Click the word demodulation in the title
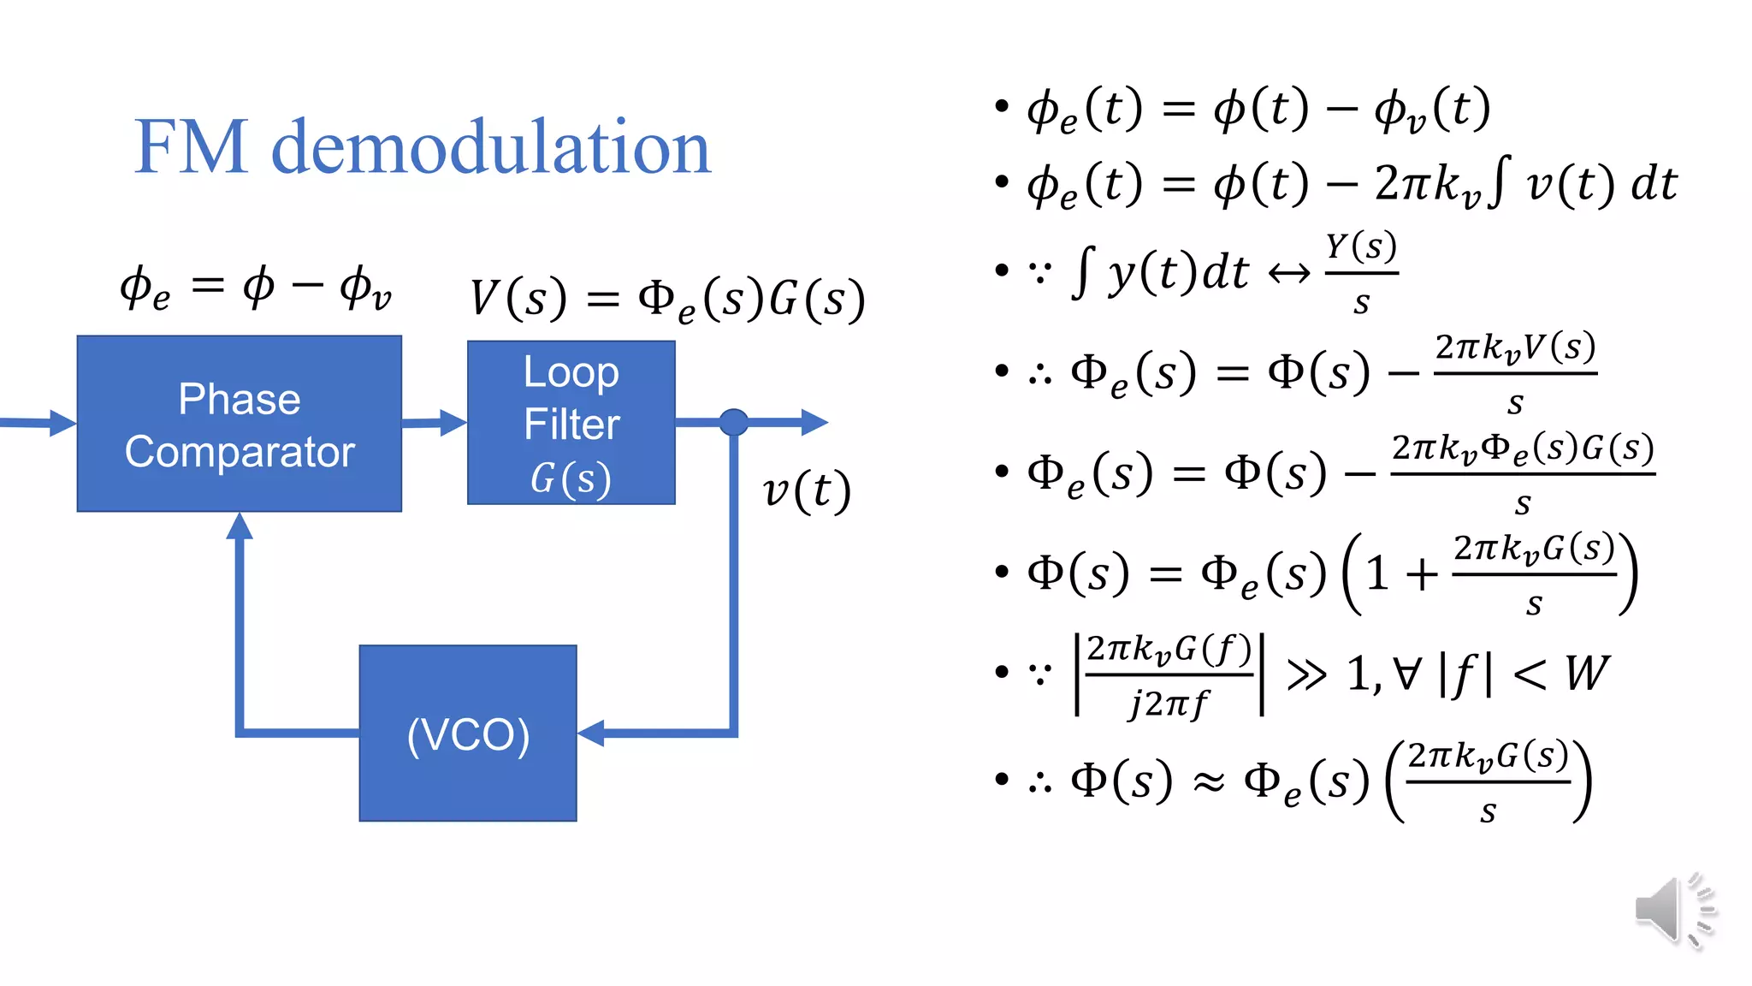491,147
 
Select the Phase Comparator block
240,424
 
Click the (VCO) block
468,734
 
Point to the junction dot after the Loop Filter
734,422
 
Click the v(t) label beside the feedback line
807,491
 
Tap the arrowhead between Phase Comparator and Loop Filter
453,422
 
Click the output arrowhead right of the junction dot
814,422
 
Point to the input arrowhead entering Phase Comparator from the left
62,423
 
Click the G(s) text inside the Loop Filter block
571,478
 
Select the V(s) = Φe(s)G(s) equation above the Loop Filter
667,300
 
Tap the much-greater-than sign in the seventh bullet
1306,674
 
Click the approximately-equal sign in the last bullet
1209,781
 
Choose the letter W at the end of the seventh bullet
1588,673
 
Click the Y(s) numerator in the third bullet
1361,247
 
